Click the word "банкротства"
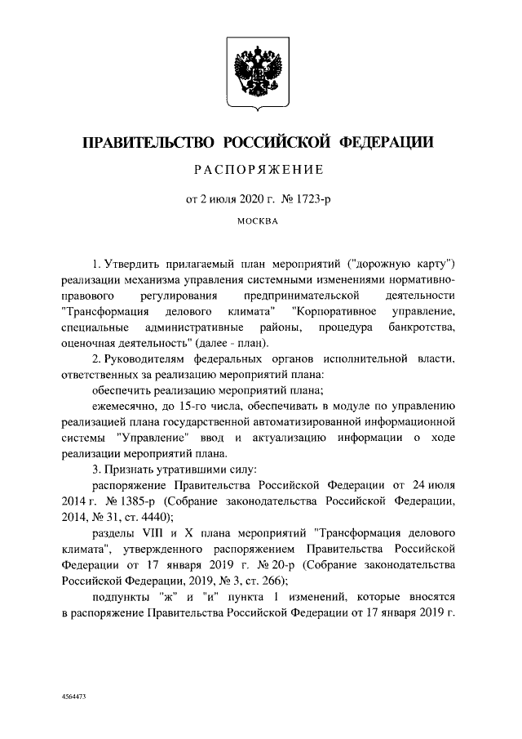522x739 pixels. [x=424, y=327]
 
